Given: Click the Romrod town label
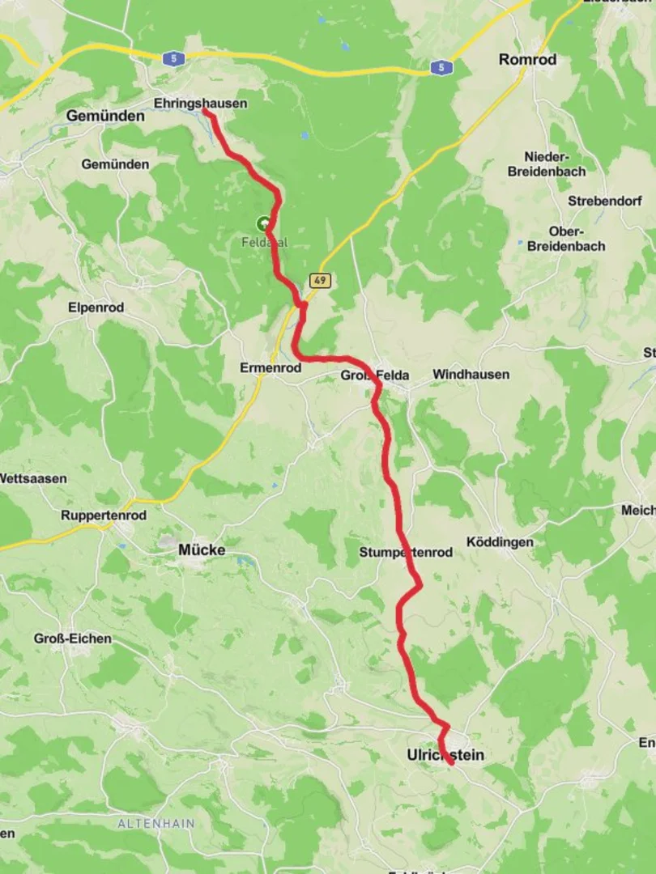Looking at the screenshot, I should click(x=527, y=60).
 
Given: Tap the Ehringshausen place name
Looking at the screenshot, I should click(x=200, y=104).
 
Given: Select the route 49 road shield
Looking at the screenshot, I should click(x=319, y=280).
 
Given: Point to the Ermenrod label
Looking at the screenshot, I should click(x=270, y=367).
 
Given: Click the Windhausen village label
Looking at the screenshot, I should click(x=471, y=375).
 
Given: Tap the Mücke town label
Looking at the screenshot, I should click(x=202, y=550).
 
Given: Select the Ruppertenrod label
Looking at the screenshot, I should click(x=103, y=515).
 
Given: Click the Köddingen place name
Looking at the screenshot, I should click(x=500, y=541).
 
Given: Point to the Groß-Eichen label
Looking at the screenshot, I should click(x=73, y=639).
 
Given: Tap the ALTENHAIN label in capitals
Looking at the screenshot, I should click(x=156, y=823).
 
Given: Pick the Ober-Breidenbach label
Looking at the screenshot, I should click(x=566, y=239).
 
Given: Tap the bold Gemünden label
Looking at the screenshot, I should click(x=105, y=116).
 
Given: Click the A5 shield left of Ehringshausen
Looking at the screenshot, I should click(x=170, y=58).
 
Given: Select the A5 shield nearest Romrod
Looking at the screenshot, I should click(x=441, y=68).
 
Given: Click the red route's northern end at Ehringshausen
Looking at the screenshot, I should click(x=205, y=112).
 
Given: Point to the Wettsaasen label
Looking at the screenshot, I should click(x=32, y=478).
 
